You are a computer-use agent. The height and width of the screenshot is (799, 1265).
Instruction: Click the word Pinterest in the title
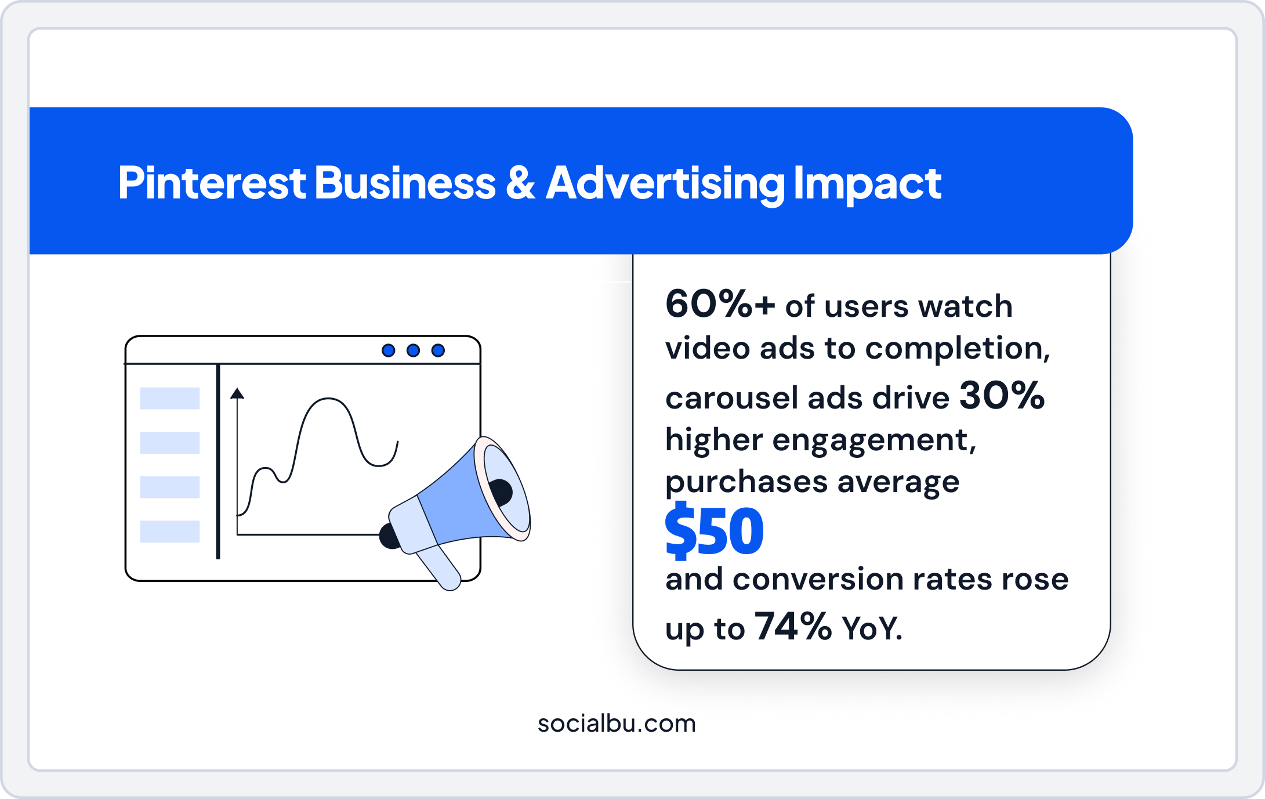[x=212, y=183]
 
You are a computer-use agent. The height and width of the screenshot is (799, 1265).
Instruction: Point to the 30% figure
[x=1002, y=396]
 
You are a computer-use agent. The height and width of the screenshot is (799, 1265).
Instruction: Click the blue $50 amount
[x=714, y=531]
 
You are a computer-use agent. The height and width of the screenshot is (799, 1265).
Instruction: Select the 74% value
[x=793, y=627]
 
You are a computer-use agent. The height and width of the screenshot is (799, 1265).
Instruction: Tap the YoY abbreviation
[x=872, y=628]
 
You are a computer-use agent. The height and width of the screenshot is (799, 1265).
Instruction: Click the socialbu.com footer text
[x=616, y=724]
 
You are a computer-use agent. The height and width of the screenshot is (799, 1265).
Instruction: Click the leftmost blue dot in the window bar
[x=388, y=350]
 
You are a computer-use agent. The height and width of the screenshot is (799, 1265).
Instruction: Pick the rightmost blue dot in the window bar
[x=438, y=350]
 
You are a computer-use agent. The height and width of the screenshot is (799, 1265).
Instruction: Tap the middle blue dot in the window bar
[x=413, y=350]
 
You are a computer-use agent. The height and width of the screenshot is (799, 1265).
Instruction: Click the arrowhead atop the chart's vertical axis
[x=237, y=394]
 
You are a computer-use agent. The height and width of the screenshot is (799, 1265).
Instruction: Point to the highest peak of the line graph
[x=328, y=399]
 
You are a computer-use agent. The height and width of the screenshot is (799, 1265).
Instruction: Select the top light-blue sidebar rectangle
[x=170, y=398]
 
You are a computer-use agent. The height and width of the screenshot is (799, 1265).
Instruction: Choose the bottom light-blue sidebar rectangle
[x=170, y=532]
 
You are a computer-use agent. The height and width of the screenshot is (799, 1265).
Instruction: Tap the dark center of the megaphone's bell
[x=500, y=491]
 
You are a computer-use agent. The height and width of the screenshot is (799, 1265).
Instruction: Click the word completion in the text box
[x=957, y=349]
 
